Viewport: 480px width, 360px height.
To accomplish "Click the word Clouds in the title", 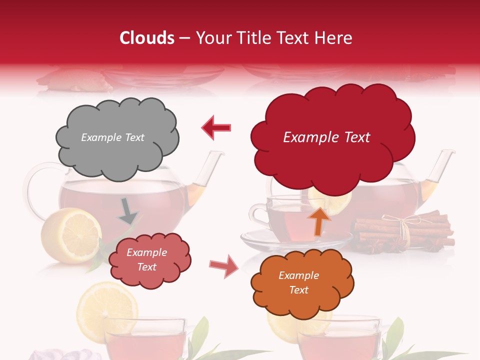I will click(x=147, y=38).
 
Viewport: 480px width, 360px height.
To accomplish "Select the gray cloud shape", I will click(x=116, y=137).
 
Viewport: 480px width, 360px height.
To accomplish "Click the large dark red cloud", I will click(x=331, y=136).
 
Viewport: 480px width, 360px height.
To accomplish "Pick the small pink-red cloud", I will click(x=149, y=260).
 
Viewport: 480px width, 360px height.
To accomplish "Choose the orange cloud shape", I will click(x=302, y=282).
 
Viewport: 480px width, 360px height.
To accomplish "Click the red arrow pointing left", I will click(x=216, y=127).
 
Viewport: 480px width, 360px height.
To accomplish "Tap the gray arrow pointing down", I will click(x=128, y=210).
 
